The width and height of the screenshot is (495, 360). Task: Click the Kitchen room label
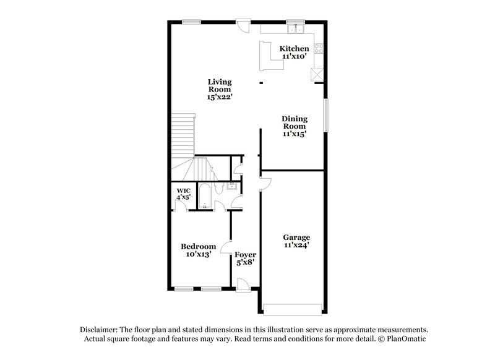pos(294,49)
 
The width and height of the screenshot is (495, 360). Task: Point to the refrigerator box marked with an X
pos(317,74)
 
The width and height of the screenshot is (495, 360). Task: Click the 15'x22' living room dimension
pos(220,97)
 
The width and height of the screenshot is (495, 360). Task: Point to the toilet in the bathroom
pos(219,186)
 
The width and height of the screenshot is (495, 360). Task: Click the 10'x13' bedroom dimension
pos(199,254)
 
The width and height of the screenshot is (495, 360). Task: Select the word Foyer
pos(246,254)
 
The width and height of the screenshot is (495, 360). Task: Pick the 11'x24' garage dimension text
pos(296,245)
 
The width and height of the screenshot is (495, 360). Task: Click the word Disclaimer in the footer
pos(101,330)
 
